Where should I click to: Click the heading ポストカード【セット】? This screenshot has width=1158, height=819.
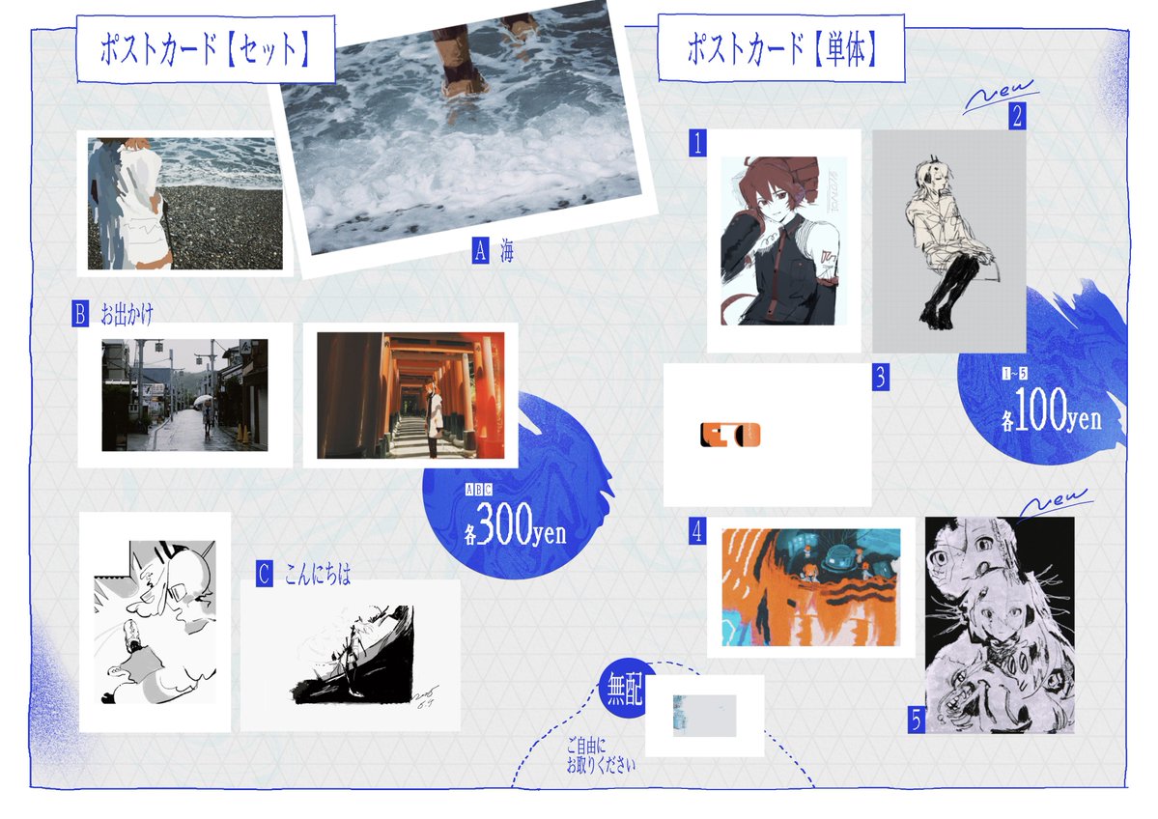click(205, 48)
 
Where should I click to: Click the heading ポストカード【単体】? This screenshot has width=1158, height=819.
click(781, 48)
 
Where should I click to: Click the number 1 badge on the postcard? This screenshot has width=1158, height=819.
click(698, 144)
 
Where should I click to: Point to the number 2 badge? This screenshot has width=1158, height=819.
click(1017, 117)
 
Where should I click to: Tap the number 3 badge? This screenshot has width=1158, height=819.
click(880, 377)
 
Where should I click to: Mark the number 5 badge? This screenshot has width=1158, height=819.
click(916, 720)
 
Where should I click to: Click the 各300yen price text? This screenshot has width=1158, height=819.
click(516, 527)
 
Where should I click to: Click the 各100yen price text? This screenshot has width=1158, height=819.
click(1051, 416)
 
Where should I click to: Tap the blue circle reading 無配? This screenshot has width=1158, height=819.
click(624, 691)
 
